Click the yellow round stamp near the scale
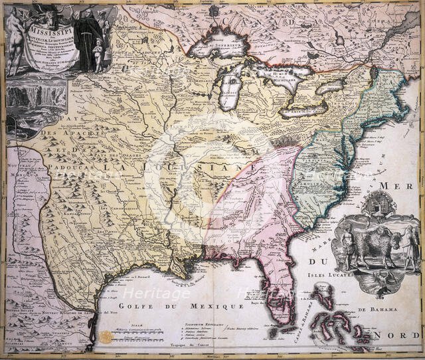point(106,337)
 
